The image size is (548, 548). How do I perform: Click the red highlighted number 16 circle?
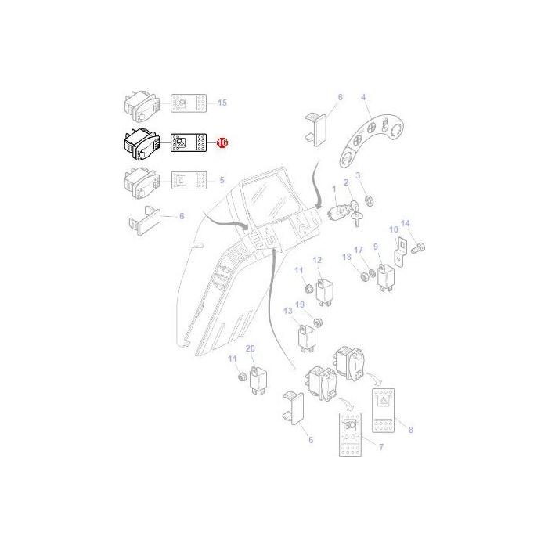tap(222, 143)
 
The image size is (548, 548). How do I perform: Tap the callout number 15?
tap(222, 103)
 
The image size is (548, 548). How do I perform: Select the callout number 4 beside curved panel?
tap(363, 97)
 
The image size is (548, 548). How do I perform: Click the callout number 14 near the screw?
tap(405, 223)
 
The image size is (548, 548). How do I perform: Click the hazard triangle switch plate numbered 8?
tap(386, 413)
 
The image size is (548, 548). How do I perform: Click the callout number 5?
tap(222, 180)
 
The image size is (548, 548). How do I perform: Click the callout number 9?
tap(377, 247)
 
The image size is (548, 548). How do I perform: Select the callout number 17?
tap(359, 251)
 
